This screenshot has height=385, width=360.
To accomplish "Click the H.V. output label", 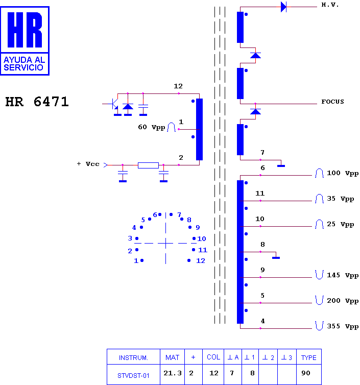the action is [x=330, y=5].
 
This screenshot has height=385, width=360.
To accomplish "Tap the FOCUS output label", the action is [x=332, y=102].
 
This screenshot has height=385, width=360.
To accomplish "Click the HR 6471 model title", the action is [x=37, y=102].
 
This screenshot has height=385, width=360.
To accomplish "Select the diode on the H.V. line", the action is [x=283, y=7].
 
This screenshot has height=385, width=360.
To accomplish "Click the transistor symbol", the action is [x=114, y=104].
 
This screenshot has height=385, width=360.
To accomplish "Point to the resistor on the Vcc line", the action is [x=148, y=165].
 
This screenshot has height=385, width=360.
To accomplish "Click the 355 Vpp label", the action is [x=343, y=326].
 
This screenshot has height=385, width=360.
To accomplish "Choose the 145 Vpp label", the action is [x=343, y=275].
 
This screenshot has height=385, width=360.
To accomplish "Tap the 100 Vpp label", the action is [x=343, y=173].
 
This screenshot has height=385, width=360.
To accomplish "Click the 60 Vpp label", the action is [x=151, y=127].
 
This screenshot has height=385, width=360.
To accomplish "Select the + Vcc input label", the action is [x=88, y=164].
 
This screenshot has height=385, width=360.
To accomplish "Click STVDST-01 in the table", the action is [x=133, y=376].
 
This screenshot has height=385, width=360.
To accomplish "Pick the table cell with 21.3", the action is [x=173, y=373].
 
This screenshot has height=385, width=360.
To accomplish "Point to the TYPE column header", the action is [x=308, y=357].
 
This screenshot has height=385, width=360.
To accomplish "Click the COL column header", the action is [x=213, y=357].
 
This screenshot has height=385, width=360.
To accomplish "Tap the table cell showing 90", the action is [x=306, y=373].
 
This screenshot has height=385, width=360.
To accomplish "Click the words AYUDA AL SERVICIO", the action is [x=24, y=64].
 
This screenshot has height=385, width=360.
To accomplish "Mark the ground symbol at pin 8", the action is [x=276, y=258].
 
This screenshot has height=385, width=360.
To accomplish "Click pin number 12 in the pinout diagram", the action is [x=200, y=261].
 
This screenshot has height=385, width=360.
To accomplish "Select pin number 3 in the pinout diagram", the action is [x=130, y=238].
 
